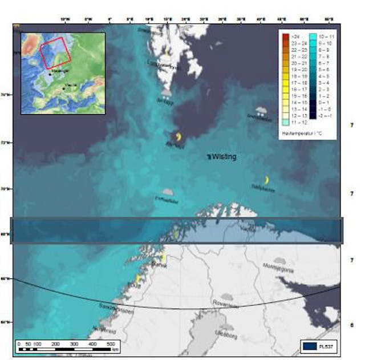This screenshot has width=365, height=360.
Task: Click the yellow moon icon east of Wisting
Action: [x=266, y=180]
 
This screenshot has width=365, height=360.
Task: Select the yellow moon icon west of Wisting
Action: [x=179, y=137]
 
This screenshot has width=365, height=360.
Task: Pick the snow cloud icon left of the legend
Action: [x=261, y=110]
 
